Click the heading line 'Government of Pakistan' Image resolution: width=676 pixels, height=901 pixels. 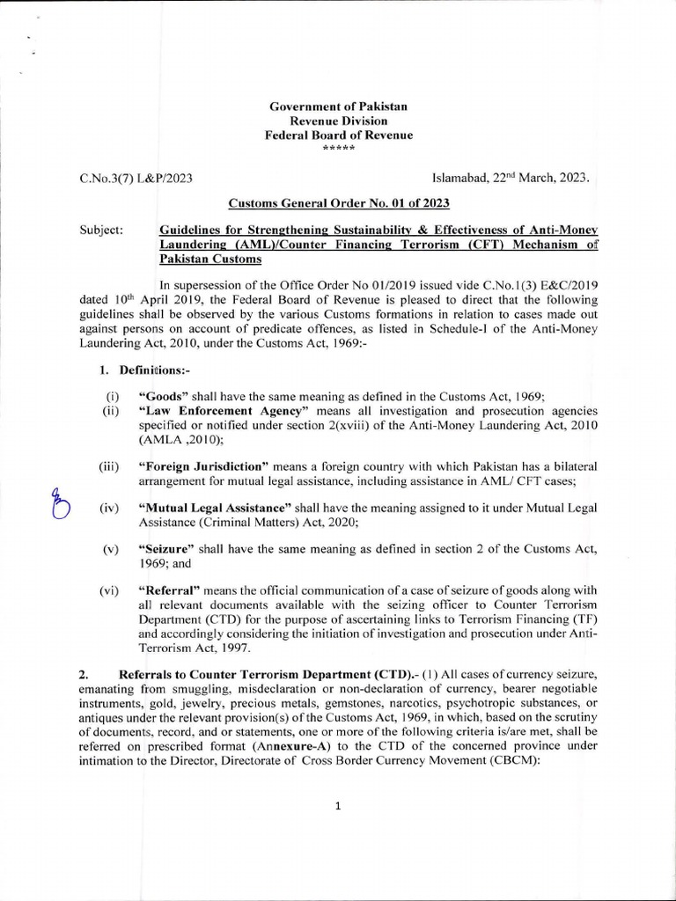click(x=338, y=106)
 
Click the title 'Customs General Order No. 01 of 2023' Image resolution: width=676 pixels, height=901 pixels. click(x=339, y=203)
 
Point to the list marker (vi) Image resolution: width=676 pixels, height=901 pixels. click(x=110, y=590)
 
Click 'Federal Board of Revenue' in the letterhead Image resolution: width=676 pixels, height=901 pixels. click(x=338, y=135)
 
